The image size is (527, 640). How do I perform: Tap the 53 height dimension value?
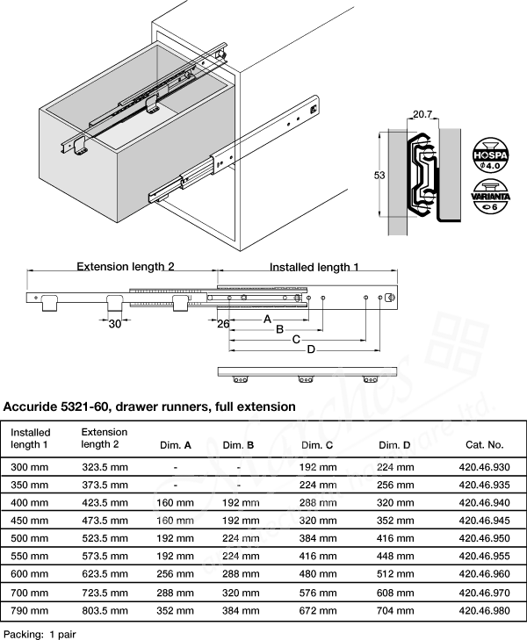coord(379,176)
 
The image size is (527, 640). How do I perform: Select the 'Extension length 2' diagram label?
coord(126,266)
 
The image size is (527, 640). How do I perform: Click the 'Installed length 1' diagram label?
coord(314,266)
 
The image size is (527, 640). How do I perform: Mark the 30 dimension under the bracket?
coord(115,323)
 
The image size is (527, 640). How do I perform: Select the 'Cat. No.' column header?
coord(483,445)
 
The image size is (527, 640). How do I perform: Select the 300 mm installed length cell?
coord(29,467)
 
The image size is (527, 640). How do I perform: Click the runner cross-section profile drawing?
coord(422,174)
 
